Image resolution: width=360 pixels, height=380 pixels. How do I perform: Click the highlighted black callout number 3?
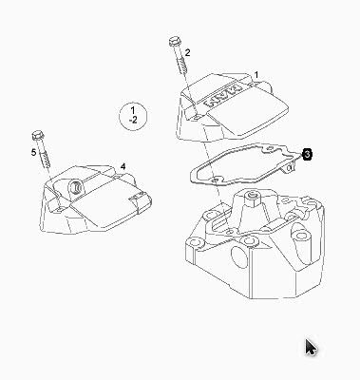[x=307, y=154]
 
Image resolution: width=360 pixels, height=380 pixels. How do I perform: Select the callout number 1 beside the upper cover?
[x=256, y=75]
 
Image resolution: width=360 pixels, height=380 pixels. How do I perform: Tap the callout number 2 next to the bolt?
[x=188, y=52]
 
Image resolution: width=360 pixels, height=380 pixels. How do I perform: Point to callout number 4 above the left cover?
[x=123, y=166]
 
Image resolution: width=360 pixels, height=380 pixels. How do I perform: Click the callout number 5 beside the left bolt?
[x=33, y=153]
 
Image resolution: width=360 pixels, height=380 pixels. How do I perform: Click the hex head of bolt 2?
[x=174, y=42]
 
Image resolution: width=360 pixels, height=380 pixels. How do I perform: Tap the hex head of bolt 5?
[x=38, y=136]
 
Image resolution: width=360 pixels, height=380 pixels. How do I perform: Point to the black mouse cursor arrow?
[x=311, y=348]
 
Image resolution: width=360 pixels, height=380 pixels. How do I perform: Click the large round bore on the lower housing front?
[x=238, y=256]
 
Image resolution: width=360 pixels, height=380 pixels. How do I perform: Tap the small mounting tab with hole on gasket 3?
[x=289, y=166]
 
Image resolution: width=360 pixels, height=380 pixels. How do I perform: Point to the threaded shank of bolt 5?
[x=45, y=156]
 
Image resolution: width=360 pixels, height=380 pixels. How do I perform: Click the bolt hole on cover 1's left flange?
[x=197, y=117]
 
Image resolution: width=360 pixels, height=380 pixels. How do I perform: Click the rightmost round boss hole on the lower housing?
[x=297, y=236]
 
